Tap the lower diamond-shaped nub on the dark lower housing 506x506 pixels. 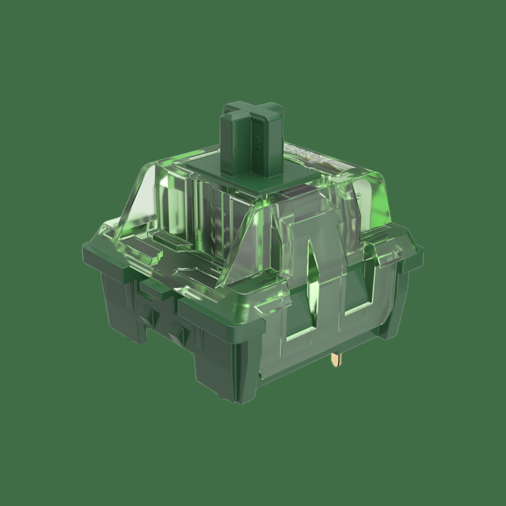point(181,334)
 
